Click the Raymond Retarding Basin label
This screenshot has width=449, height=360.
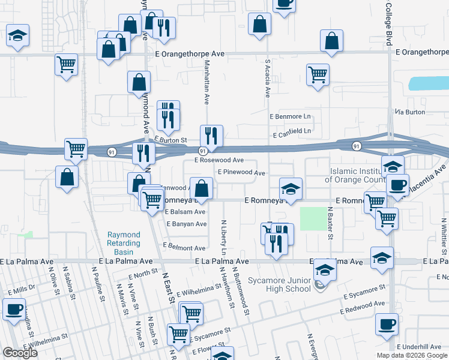tap(124, 239)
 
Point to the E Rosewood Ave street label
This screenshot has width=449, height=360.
tap(218, 160)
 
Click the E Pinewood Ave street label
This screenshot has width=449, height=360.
tap(241, 172)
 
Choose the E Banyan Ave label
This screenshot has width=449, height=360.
tap(186, 224)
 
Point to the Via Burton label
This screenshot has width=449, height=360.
tap(409, 112)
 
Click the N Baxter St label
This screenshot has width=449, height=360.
tap(330, 221)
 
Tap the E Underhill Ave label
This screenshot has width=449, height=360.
tap(419, 347)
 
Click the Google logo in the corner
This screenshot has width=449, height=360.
tap(20, 353)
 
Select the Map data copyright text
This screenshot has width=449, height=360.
tap(412, 355)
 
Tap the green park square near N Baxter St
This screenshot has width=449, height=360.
tap(311, 219)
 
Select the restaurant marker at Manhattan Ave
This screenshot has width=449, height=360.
tap(211, 136)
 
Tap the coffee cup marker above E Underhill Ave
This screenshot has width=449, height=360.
tap(387, 324)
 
